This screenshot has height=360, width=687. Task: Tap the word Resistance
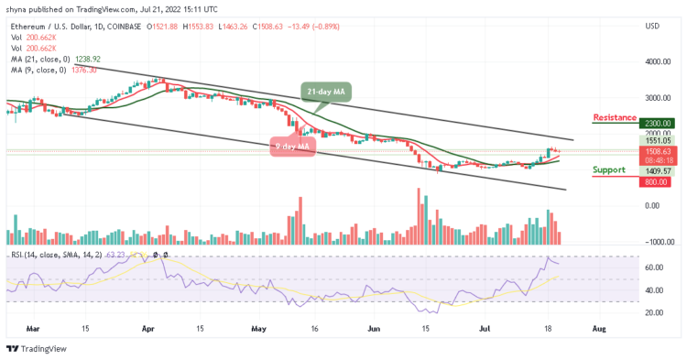[x=616, y=117]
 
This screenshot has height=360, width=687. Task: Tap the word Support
[x=609, y=169]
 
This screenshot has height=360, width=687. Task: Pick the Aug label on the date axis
[x=597, y=326]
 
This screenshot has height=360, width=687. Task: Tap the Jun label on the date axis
[x=372, y=326]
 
